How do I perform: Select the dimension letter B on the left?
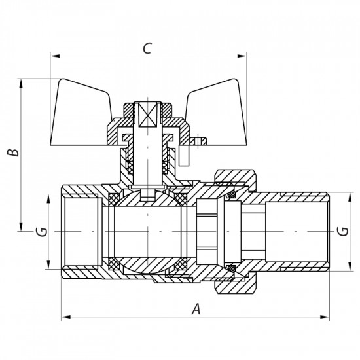tap(11, 152)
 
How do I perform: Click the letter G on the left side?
tap(41, 232)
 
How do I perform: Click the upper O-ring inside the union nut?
tap(230, 194)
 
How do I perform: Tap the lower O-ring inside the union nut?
tap(230, 268)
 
